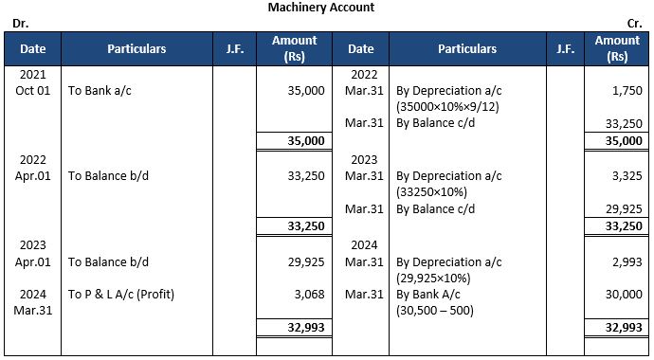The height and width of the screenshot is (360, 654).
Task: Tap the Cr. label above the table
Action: [x=635, y=22]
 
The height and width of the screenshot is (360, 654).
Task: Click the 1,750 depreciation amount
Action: [x=627, y=91]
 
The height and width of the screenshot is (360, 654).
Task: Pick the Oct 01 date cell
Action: [x=32, y=91]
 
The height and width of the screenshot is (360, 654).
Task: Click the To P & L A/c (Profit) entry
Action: [x=121, y=294]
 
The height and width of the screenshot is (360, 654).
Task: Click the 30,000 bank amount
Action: [x=623, y=294]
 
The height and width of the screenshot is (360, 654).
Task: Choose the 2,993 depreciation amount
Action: [x=627, y=261]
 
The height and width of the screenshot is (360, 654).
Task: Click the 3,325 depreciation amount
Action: [x=627, y=175]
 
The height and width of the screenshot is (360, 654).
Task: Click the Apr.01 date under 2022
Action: [x=32, y=175]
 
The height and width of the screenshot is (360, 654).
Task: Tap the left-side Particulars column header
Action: [x=136, y=48]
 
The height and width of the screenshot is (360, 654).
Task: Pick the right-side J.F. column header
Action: [x=566, y=48]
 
